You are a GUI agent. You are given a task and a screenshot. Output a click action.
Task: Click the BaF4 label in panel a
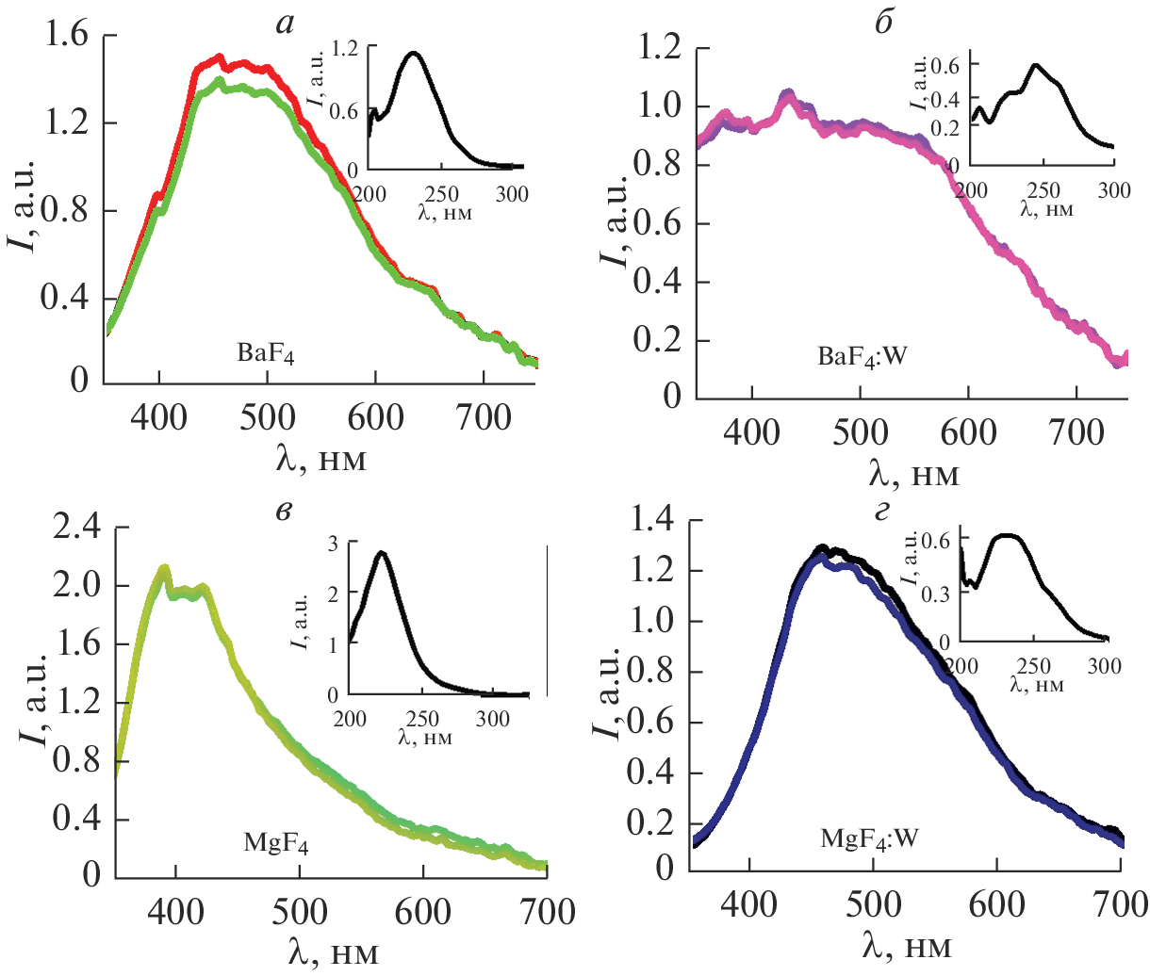point(265,354)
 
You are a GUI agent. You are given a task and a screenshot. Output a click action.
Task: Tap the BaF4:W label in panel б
point(862,357)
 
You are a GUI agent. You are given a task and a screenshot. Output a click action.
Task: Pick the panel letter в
point(285,511)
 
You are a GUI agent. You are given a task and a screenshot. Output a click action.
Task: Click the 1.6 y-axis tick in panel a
point(67,36)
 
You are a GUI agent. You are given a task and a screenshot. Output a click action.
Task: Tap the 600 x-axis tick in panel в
point(423,912)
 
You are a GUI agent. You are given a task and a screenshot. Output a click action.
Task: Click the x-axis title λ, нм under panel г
point(906,945)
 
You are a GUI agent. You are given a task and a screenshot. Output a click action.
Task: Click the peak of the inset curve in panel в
point(381,552)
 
